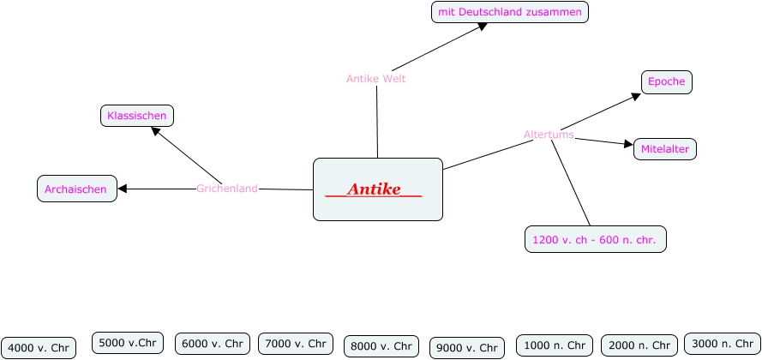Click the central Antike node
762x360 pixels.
point(377,189)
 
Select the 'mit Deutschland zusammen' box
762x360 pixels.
point(510,12)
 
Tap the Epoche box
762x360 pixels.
point(666,82)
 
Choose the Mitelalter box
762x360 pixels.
point(665,149)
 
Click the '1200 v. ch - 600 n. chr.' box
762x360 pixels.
point(595,240)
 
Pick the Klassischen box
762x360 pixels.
point(137,115)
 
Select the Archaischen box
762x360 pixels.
point(76,189)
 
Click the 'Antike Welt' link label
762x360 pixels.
point(375,79)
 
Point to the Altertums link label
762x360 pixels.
point(549,135)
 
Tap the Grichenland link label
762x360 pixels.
point(227,189)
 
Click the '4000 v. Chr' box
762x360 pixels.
point(39,347)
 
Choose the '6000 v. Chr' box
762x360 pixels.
point(213,344)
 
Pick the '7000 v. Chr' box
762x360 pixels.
point(296,344)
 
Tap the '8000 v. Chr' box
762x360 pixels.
point(381,346)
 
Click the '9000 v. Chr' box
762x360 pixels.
point(466,347)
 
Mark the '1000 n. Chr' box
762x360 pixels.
point(554,345)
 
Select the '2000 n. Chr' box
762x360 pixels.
point(639,345)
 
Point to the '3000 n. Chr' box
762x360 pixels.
point(723,344)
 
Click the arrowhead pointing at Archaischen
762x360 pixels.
point(122,189)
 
